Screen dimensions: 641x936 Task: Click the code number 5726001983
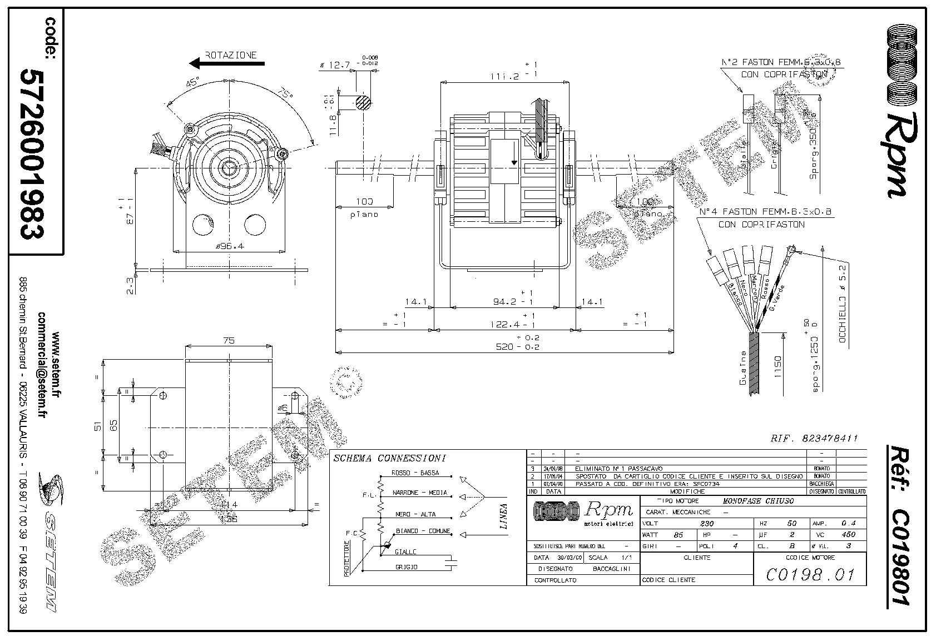point(33,153)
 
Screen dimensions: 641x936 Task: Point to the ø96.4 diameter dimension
point(229,246)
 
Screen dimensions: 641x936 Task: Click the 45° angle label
point(192,83)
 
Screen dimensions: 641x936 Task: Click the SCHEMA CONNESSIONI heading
point(389,459)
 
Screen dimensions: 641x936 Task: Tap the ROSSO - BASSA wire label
point(415,473)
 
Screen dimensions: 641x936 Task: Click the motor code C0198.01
point(809,574)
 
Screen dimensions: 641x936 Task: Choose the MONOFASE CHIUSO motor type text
point(758,501)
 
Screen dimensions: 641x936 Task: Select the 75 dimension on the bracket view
point(229,341)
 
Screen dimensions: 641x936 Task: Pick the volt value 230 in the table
point(707,524)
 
